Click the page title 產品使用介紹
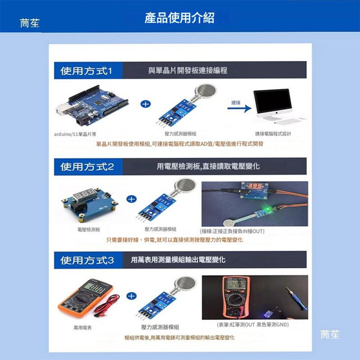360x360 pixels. (x=179, y=18)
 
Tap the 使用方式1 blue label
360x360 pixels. (x=86, y=71)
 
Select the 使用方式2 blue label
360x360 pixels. (x=86, y=167)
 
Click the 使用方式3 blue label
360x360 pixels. (x=86, y=260)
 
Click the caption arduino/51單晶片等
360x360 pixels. (x=75, y=134)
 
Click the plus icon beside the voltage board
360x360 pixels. (x=132, y=199)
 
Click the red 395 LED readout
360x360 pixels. (x=253, y=186)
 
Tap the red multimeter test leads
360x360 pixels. (x=107, y=305)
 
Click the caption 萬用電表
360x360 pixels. (x=82, y=328)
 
